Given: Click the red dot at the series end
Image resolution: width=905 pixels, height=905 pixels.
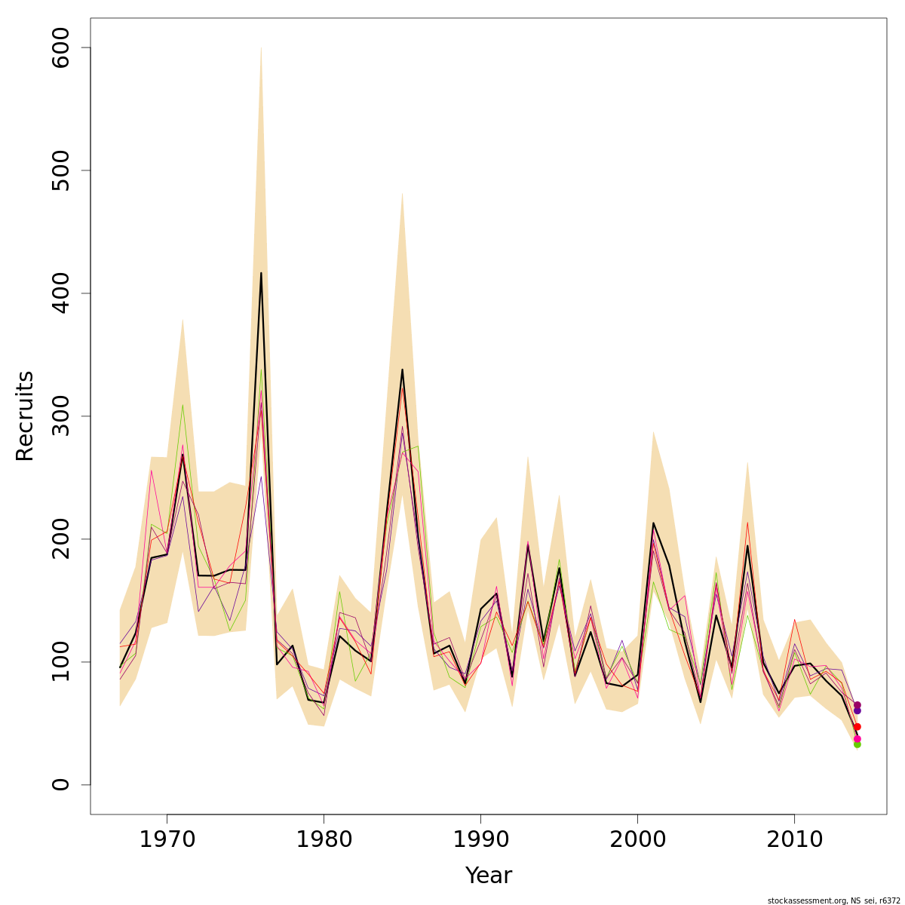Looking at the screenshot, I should tap(857, 727).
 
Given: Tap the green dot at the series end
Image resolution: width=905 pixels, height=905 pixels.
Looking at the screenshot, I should tap(857, 744).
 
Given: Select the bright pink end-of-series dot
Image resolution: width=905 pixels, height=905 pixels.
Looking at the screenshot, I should tap(857, 739).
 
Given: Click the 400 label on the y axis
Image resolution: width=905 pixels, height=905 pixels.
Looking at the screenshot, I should tap(60, 293).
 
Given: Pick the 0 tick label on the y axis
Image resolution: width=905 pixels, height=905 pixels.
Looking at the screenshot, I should tap(60, 784).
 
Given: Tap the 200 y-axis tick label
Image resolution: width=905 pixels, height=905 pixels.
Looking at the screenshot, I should tap(60, 539).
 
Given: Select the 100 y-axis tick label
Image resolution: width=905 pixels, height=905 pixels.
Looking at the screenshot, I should tap(60, 661).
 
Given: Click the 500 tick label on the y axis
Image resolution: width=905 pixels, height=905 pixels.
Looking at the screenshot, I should tap(60, 170).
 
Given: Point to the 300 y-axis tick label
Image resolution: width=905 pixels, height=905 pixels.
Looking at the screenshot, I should tap(60, 416).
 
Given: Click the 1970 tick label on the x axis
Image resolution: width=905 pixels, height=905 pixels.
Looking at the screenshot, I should tap(167, 839).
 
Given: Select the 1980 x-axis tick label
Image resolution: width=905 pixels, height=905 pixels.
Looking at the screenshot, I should tap(324, 839).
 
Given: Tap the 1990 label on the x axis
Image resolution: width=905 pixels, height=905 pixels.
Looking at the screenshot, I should tap(480, 839).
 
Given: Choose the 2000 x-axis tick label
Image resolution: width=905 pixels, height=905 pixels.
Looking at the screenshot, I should tap(637, 839).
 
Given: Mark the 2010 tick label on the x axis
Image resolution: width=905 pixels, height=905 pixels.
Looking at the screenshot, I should tap(794, 839).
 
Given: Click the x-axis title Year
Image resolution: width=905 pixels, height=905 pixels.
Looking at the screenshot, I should tap(488, 876).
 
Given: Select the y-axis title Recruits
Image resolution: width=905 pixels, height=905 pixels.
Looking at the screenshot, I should tap(25, 416).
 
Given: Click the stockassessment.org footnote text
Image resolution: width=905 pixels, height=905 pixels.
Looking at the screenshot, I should tap(833, 900).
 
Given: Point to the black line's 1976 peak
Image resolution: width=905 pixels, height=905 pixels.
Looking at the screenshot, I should tap(261, 273).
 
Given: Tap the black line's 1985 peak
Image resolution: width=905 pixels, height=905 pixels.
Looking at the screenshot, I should tap(402, 370).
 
